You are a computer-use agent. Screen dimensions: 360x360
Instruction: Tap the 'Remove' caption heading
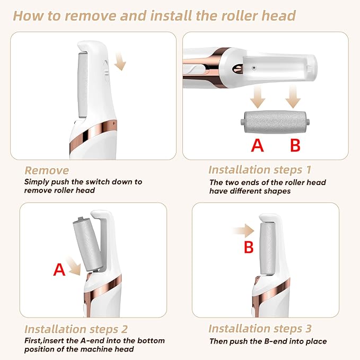click(x=47, y=170)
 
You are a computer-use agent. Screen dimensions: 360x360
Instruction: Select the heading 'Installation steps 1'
click(x=260, y=170)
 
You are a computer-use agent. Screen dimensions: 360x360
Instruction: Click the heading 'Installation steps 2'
click(x=76, y=329)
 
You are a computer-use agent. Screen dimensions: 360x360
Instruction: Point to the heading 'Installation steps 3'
click(x=260, y=329)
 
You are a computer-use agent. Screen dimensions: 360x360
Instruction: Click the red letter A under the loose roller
click(x=257, y=144)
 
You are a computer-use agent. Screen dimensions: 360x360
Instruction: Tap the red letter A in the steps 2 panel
click(x=59, y=270)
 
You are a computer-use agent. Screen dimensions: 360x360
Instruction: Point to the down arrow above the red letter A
click(x=258, y=97)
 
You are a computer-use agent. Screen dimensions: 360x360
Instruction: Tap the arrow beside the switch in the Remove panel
click(x=121, y=64)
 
